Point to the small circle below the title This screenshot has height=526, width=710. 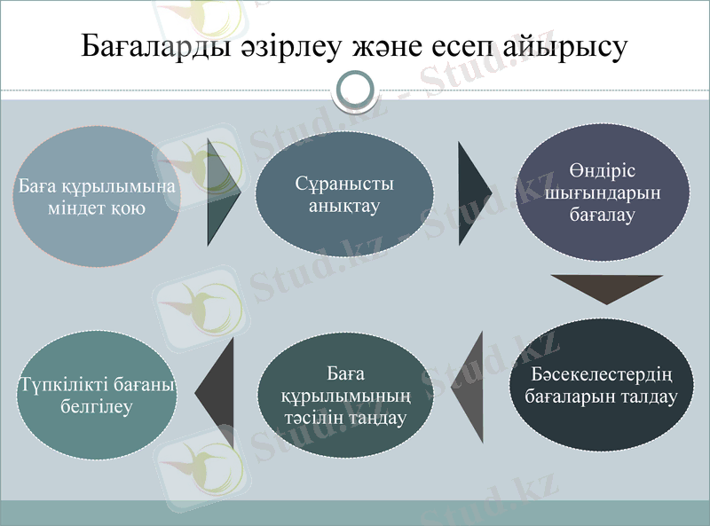(x=355, y=90)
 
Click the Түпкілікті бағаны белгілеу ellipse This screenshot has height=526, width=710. (x=96, y=396)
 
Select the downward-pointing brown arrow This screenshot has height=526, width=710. (x=605, y=289)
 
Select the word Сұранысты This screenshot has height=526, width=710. (x=344, y=184)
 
